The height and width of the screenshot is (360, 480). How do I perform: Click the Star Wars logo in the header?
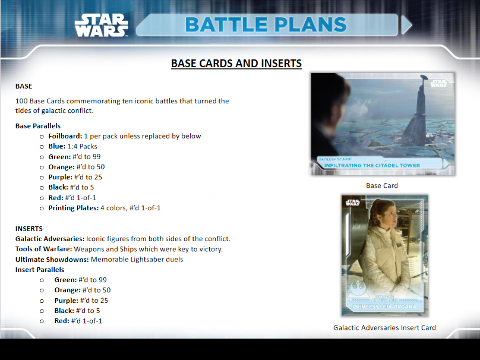point(101,26)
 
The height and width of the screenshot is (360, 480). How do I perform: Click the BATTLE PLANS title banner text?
point(266,25)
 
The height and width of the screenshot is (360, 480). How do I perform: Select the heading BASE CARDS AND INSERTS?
point(236,64)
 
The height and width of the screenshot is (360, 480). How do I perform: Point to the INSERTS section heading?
point(29,229)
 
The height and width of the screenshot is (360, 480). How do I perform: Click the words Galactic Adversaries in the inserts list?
point(50,239)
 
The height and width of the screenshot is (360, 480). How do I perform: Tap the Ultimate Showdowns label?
point(52,259)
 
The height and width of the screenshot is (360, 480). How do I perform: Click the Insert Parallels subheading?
point(40,270)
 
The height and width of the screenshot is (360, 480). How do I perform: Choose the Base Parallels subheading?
point(38,126)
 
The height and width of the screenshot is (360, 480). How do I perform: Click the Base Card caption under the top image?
point(382,185)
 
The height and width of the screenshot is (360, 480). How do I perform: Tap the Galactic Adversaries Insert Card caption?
point(384,327)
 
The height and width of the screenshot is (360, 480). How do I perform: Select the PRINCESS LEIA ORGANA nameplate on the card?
point(385,307)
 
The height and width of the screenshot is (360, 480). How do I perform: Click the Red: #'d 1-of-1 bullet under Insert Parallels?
point(78,321)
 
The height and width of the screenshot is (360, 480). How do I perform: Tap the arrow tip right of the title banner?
point(407,25)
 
